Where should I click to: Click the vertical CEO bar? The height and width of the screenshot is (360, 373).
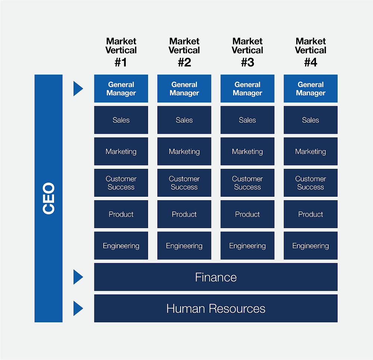(x=48, y=198)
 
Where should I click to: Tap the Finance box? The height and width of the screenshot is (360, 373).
(x=216, y=277)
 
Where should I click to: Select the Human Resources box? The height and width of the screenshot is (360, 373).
(x=216, y=309)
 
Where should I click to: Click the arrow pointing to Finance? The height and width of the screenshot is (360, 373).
(x=78, y=277)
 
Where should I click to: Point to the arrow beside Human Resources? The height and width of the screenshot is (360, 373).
(x=78, y=309)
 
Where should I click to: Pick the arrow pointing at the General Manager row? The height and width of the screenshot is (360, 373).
(x=78, y=88)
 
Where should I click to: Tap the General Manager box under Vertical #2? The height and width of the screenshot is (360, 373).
(x=184, y=89)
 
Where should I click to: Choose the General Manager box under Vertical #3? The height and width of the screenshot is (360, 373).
(x=247, y=89)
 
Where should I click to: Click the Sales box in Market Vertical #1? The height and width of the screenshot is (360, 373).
(x=121, y=120)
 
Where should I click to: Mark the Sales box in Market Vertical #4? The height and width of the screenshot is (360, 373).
(x=310, y=120)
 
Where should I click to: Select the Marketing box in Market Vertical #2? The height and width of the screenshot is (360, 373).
(x=184, y=151)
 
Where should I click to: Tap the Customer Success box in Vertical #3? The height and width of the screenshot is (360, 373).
(x=247, y=183)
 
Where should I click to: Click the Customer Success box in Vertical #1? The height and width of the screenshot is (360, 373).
(x=121, y=183)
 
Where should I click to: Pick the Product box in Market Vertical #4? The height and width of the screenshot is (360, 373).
(x=310, y=214)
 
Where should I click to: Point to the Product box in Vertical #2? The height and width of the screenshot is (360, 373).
(x=184, y=214)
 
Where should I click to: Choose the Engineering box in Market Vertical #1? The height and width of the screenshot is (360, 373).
(x=121, y=246)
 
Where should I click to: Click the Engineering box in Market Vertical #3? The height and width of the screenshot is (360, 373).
(x=247, y=246)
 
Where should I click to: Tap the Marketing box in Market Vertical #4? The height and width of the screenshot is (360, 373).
(x=310, y=151)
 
